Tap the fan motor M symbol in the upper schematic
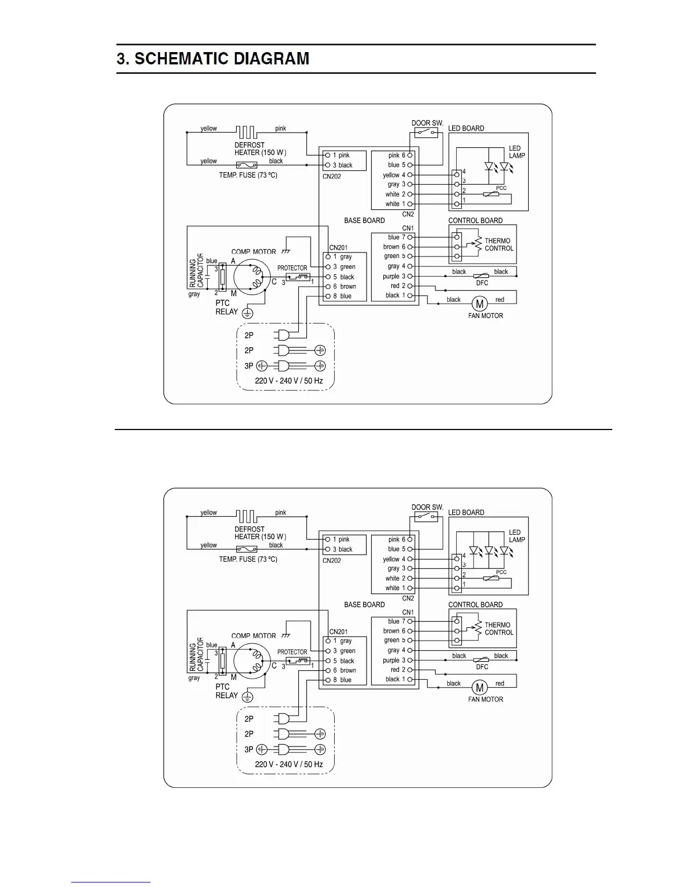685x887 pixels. pos(479,304)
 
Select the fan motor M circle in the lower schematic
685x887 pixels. pos(479,688)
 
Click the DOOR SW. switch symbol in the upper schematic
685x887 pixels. pos(426,133)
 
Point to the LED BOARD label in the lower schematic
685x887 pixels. pos(466,512)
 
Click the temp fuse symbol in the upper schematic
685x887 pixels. pos(247,165)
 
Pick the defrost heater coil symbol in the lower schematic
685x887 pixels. pos(246,516)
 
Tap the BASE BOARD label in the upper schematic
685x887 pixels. pos(364,221)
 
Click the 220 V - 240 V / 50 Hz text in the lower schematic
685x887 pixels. pos(289,764)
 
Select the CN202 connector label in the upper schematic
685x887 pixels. pos(332,176)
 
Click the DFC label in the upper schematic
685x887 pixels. pos(482,283)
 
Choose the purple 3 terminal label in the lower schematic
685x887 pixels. pos(394,660)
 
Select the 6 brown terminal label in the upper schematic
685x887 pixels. pos(345,286)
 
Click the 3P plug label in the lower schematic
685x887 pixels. pos(249,749)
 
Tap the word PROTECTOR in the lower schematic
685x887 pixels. pos(292,652)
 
